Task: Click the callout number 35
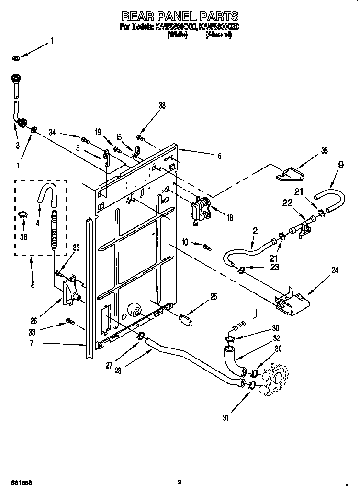325,151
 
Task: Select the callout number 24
334,271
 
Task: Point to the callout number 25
214,297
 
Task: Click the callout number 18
230,218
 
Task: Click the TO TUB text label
238,327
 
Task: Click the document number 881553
22,482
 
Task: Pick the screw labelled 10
207,247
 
